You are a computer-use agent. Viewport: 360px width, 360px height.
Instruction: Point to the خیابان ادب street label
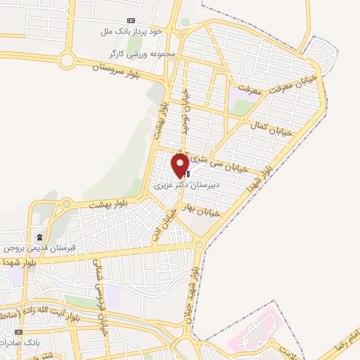162,227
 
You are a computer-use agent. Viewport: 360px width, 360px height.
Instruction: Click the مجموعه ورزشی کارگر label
141,53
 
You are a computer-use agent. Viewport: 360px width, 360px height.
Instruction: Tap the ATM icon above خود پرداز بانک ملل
130,21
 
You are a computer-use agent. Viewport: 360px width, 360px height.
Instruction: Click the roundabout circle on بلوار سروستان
67,60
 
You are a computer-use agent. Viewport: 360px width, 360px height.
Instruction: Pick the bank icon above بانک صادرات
18,332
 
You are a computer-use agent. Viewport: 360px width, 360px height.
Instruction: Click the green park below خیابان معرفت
240,107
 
